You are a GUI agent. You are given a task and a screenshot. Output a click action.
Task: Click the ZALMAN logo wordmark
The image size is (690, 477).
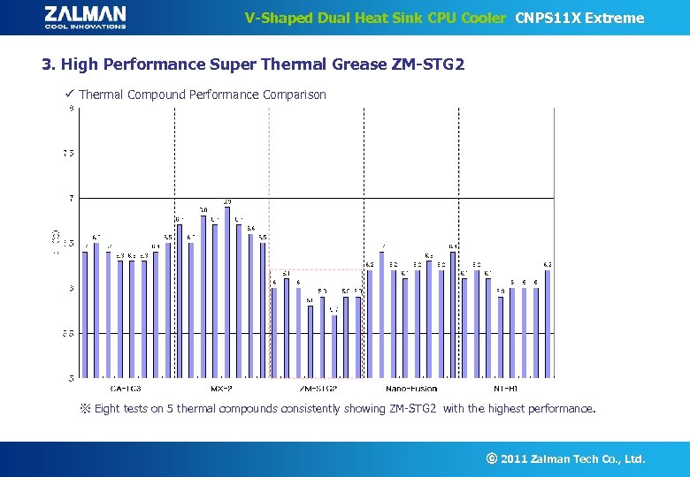(85, 13)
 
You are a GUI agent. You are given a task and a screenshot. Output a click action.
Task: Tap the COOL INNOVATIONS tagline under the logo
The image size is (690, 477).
(85, 26)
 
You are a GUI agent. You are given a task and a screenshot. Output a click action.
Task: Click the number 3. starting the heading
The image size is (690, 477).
(49, 64)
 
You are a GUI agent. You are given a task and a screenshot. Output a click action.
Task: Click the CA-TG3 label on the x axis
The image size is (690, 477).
(126, 389)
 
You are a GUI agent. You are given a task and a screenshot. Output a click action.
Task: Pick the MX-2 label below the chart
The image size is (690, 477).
(221, 389)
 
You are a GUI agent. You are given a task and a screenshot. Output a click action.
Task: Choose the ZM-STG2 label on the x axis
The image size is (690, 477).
(318, 389)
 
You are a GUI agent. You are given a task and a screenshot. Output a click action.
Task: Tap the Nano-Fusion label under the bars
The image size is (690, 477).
(411, 389)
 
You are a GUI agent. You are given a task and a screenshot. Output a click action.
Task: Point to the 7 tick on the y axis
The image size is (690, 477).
(70, 198)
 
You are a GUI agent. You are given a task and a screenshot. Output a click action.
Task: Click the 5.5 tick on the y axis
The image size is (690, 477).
(68, 334)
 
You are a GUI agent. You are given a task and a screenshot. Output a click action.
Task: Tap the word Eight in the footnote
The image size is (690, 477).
(108, 409)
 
